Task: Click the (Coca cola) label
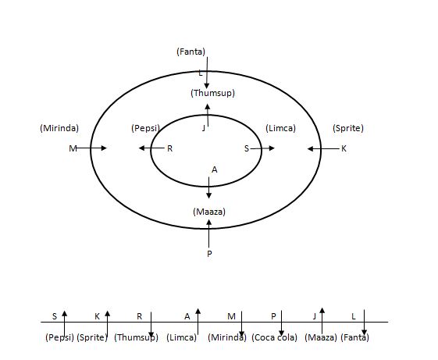(x=274, y=337)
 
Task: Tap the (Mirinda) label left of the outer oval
(x=59, y=128)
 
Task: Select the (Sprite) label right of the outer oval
(x=348, y=128)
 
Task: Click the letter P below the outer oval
(x=209, y=254)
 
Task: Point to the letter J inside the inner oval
(x=204, y=128)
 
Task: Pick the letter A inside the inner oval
(x=214, y=169)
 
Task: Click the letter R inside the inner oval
(x=170, y=148)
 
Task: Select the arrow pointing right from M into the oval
(x=91, y=148)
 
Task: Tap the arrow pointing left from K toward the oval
(x=323, y=148)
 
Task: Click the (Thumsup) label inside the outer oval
(x=212, y=93)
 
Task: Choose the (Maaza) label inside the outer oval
(x=209, y=212)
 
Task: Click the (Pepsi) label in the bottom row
(x=59, y=337)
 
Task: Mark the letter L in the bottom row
(x=354, y=316)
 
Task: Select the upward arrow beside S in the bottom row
(x=65, y=323)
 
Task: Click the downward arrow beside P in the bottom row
(x=281, y=323)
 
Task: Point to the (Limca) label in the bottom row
(x=182, y=337)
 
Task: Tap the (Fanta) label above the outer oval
(x=191, y=52)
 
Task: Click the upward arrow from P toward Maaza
(x=208, y=233)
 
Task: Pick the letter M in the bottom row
(x=231, y=316)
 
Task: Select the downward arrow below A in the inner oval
(x=209, y=188)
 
